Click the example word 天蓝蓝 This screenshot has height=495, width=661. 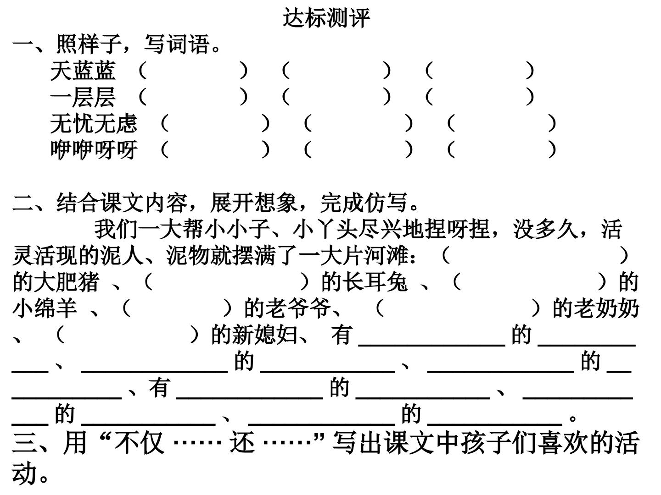point(83,71)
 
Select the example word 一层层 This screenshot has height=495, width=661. point(83,97)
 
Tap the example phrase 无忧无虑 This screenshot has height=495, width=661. point(94,123)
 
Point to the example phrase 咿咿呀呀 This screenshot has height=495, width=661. point(94,149)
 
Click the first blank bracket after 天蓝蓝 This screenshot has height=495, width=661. point(193,71)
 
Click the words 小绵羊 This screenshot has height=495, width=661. point(45,308)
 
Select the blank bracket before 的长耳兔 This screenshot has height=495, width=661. point(227,282)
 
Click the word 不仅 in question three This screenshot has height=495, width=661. point(139,443)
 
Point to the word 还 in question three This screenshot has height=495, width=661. point(242,443)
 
